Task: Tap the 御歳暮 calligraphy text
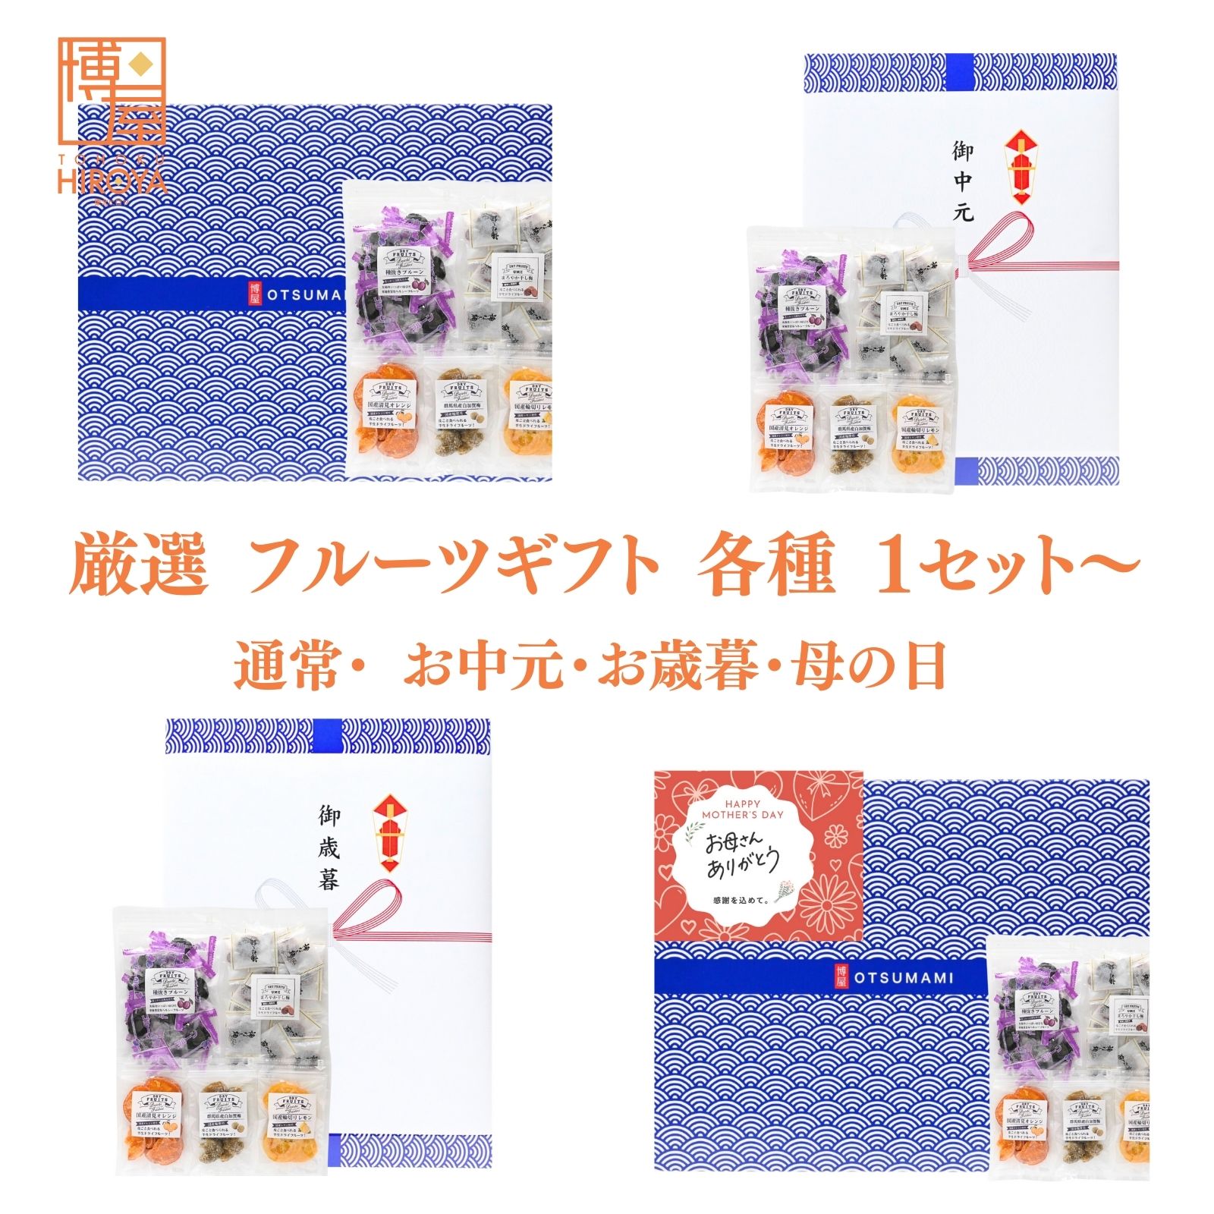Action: click(328, 848)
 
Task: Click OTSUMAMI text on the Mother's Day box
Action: click(903, 978)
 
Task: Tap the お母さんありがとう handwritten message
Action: click(742, 856)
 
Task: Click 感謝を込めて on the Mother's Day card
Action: click(741, 901)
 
